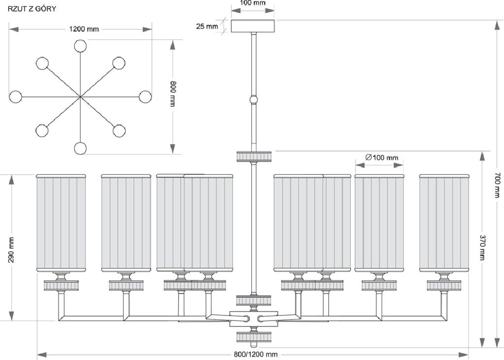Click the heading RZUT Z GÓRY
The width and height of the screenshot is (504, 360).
coord(31,9)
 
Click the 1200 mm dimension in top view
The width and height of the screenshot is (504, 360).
coord(84,29)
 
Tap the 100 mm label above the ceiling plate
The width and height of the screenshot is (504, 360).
coord(253,3)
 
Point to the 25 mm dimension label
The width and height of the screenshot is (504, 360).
coord(207,26)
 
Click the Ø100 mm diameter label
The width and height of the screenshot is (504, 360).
coord(382,157)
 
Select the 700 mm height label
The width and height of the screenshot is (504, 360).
coord(497,184)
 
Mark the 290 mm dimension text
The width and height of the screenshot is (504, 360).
coord(11,250)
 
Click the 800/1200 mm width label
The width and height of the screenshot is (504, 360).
coord(256,354)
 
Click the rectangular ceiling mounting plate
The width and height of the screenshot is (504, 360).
coord(253,26)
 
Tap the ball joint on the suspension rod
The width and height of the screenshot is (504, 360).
coord(254,99)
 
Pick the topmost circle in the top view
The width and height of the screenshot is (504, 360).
coord(80,46)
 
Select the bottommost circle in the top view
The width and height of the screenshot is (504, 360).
coord(80,148)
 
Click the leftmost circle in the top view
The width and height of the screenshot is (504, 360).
coord(15,96)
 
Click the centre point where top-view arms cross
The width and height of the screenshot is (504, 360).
coord(80,96)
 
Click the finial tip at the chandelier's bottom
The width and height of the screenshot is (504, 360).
coord(254,345)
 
